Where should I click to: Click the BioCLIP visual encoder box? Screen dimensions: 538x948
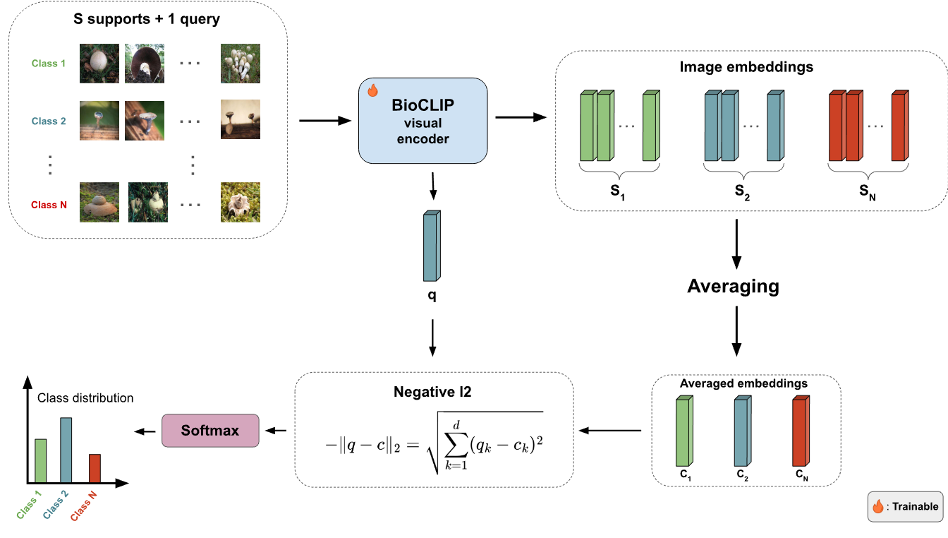tap(423, 121)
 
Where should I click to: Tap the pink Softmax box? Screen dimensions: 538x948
tap(210, 431)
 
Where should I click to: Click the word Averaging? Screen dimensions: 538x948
tap(734, 287)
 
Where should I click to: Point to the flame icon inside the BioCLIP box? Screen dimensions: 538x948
tap(373, 90)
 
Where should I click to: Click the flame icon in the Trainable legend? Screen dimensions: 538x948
tap(878, 506)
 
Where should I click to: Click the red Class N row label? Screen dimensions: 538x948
tap(49, 205)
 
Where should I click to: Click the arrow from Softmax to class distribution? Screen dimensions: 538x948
tap(145, 431)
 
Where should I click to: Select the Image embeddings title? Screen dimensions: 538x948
tap(746, 67)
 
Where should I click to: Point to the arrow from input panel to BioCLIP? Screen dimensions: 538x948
tap(325, 121)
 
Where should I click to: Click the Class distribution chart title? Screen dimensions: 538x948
tap(85, 398)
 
